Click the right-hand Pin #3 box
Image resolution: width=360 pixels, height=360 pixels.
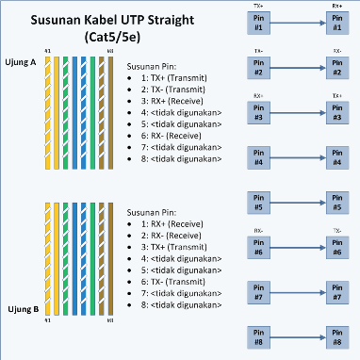(336, 111)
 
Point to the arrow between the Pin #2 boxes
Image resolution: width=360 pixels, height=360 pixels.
(298, 68)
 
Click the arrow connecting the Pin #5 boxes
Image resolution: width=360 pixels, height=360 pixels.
(298, 202)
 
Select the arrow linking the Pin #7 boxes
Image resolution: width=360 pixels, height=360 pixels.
(298, 293)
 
